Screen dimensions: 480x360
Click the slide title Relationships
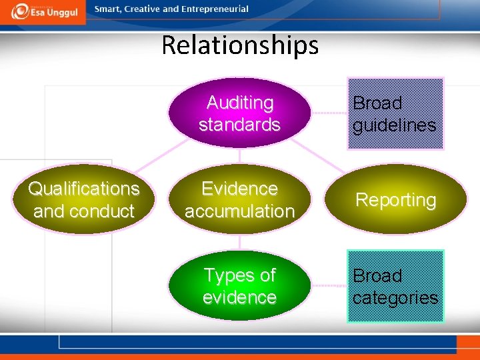click(x=240, y=45)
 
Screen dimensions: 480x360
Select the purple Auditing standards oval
click(x=240, y=113)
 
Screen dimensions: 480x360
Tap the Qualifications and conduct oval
click(x=84, y=200)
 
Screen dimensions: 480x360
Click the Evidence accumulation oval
click(x=240, y=200)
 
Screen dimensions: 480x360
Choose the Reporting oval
click(x=395, y=199)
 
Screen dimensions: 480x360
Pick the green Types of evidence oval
click(x=240, y=286)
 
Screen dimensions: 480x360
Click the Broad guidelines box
click(x=395, y=114)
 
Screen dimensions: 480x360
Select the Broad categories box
click(x=395, y=286)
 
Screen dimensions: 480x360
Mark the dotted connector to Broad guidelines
click(x=329, y=113)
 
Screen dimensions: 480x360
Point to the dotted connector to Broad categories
click(x=329, y=286)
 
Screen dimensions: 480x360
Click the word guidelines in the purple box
click(x=395, y=125)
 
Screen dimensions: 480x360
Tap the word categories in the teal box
click(x=395, y=297)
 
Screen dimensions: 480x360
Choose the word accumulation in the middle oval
click(x=240, y=211)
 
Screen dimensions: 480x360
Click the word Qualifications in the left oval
click(x=84, y=189)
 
